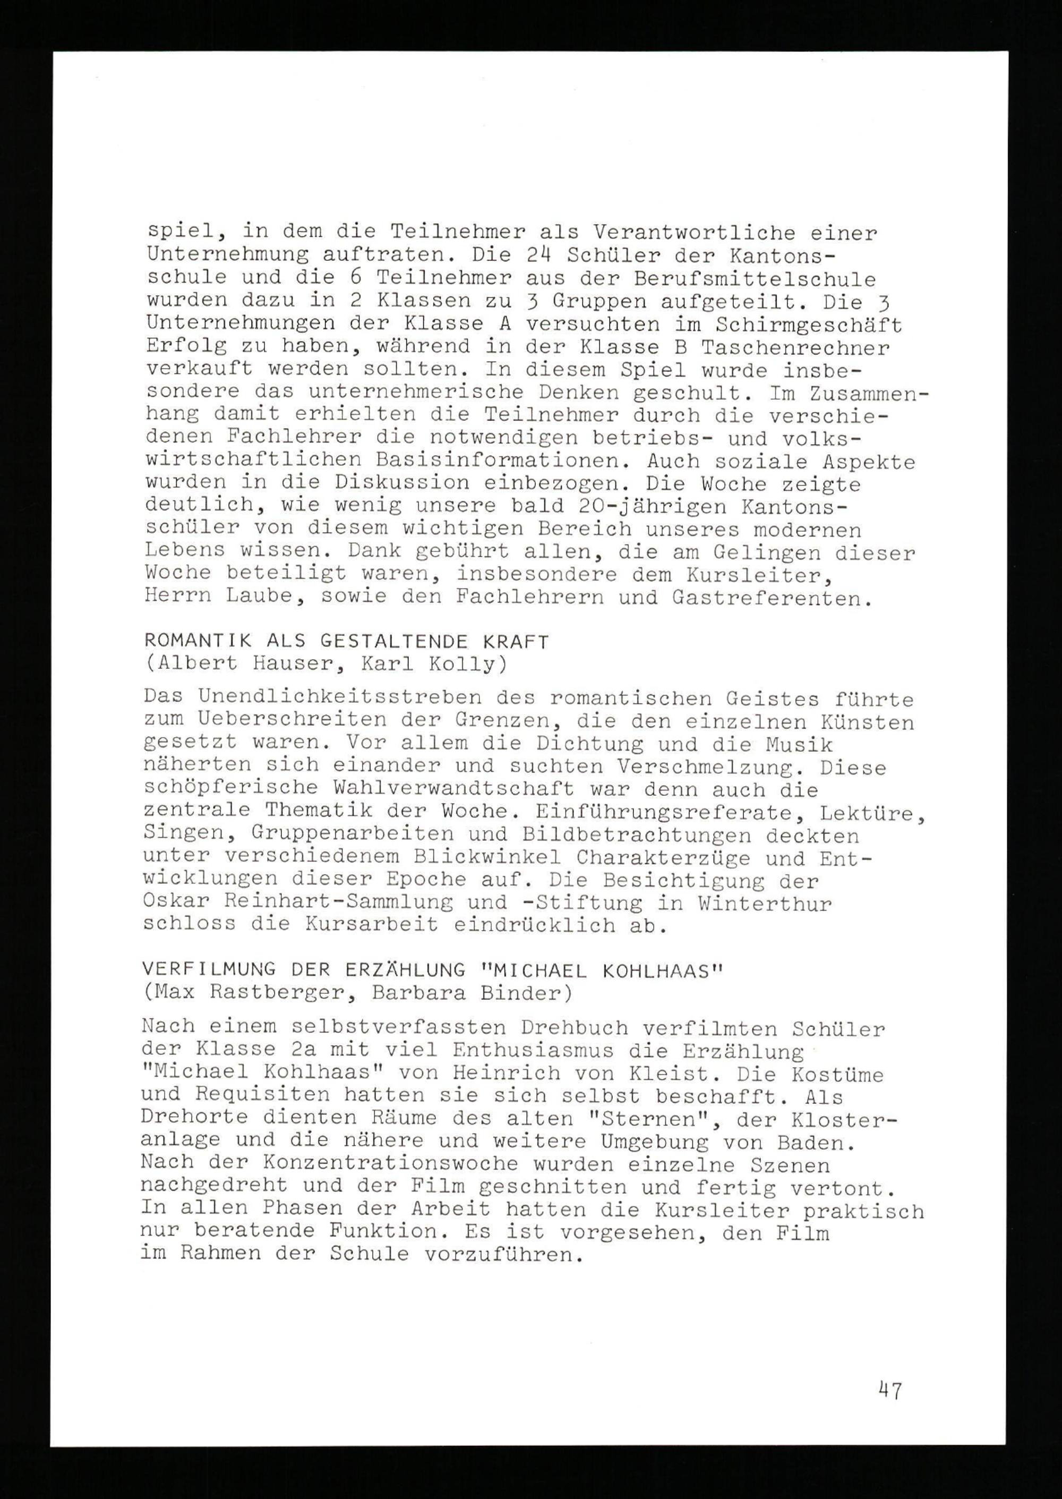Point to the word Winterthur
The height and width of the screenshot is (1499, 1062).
[x=765, y=905]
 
